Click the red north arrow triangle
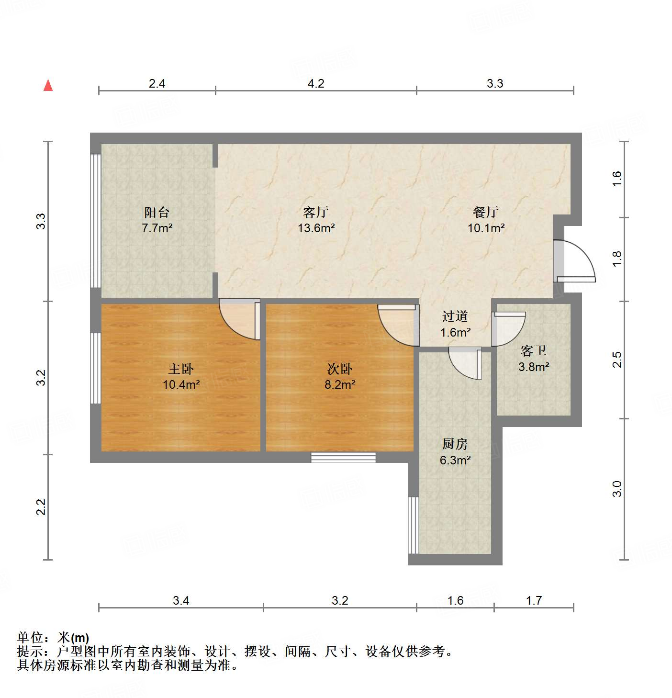[x=48, y=86]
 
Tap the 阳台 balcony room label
[x=157, y=212]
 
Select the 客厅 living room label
[x=316, y=212]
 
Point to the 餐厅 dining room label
[x=486, y=212]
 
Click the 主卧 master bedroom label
[x=181, y=369]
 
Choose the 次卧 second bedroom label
[x=340, y=369]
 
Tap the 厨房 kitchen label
[x=455, y=444]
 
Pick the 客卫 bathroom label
[x=534, y=351]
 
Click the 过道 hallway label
[x=455, y=316]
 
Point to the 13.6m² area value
[x=316, y=228]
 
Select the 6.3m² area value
[x=455, y=461]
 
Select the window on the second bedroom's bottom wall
[x=343, y=457]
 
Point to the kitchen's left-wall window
[x=413, y=525]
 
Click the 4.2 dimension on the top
[x=316, y=84]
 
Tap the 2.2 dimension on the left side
[x=41, y=507]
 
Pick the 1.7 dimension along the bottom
[x=534, y=600]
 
